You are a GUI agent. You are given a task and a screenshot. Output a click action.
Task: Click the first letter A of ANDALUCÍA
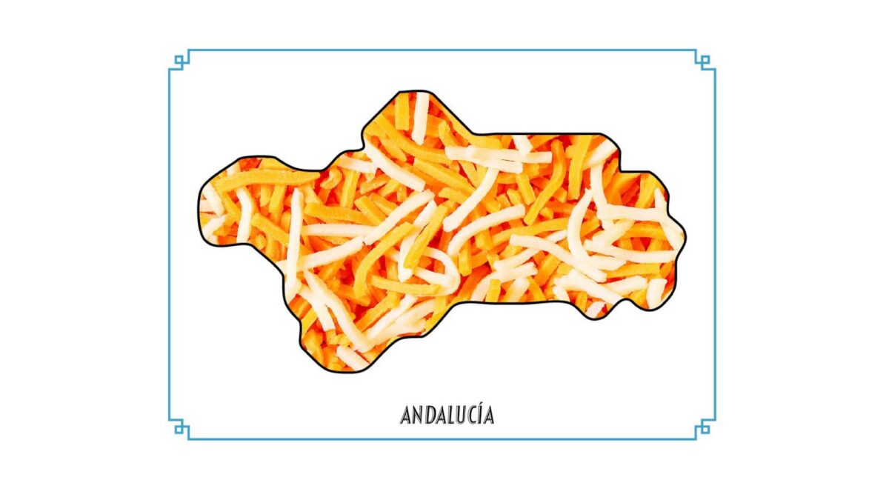406,416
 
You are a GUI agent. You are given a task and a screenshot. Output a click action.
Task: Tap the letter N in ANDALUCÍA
417,416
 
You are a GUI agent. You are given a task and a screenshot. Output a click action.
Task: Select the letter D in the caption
429,416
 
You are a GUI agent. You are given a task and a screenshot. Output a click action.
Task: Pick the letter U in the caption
461,416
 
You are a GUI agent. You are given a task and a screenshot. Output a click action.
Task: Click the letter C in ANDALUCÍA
472,416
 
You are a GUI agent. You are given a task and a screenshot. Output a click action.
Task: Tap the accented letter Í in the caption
480,415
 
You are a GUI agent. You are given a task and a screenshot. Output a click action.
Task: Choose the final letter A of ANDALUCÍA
488,416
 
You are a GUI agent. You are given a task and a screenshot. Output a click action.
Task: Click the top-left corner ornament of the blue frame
179,60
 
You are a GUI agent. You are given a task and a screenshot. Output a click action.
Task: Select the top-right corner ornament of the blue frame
705,60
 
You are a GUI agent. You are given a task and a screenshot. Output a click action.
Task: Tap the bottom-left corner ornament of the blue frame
179,428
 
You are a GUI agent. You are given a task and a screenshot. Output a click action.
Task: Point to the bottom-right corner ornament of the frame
705,428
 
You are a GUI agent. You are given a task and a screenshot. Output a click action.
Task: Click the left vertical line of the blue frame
170,244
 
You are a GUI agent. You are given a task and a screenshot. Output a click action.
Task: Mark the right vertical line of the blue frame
715,244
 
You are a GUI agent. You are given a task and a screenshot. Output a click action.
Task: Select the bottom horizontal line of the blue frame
444,439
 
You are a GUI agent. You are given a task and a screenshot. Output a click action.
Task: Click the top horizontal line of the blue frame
444,50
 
